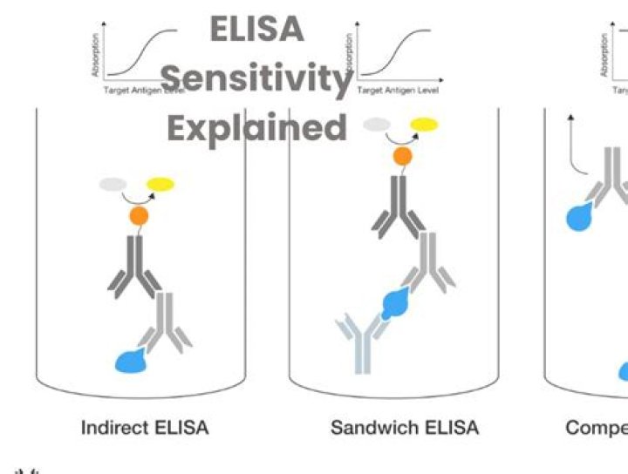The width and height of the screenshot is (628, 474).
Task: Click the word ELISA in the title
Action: pos(256,29)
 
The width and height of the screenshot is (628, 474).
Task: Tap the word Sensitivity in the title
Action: pos(256,78)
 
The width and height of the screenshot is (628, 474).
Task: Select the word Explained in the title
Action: pos(256,128)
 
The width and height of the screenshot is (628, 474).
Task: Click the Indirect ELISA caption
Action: pos(145,428)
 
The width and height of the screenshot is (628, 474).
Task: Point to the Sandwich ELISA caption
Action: pos(405,428)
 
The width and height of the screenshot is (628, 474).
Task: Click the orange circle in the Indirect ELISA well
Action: pos(139,214)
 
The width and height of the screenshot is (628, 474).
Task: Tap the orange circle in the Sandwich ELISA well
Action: pos(402,157)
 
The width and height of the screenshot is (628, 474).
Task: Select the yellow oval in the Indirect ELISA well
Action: pos(160,184)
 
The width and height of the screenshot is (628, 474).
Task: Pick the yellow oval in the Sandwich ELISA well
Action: pos(424,125)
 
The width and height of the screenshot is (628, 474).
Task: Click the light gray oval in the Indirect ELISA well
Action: pos(113,184)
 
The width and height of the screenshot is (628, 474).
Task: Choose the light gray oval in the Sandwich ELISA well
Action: pos(377,125)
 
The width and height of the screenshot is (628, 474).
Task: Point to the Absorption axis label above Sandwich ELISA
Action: pos(351,54)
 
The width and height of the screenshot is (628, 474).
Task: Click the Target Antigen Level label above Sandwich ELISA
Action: pos(398,90)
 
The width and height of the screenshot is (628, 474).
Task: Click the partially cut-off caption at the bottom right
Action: pos(597,428)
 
